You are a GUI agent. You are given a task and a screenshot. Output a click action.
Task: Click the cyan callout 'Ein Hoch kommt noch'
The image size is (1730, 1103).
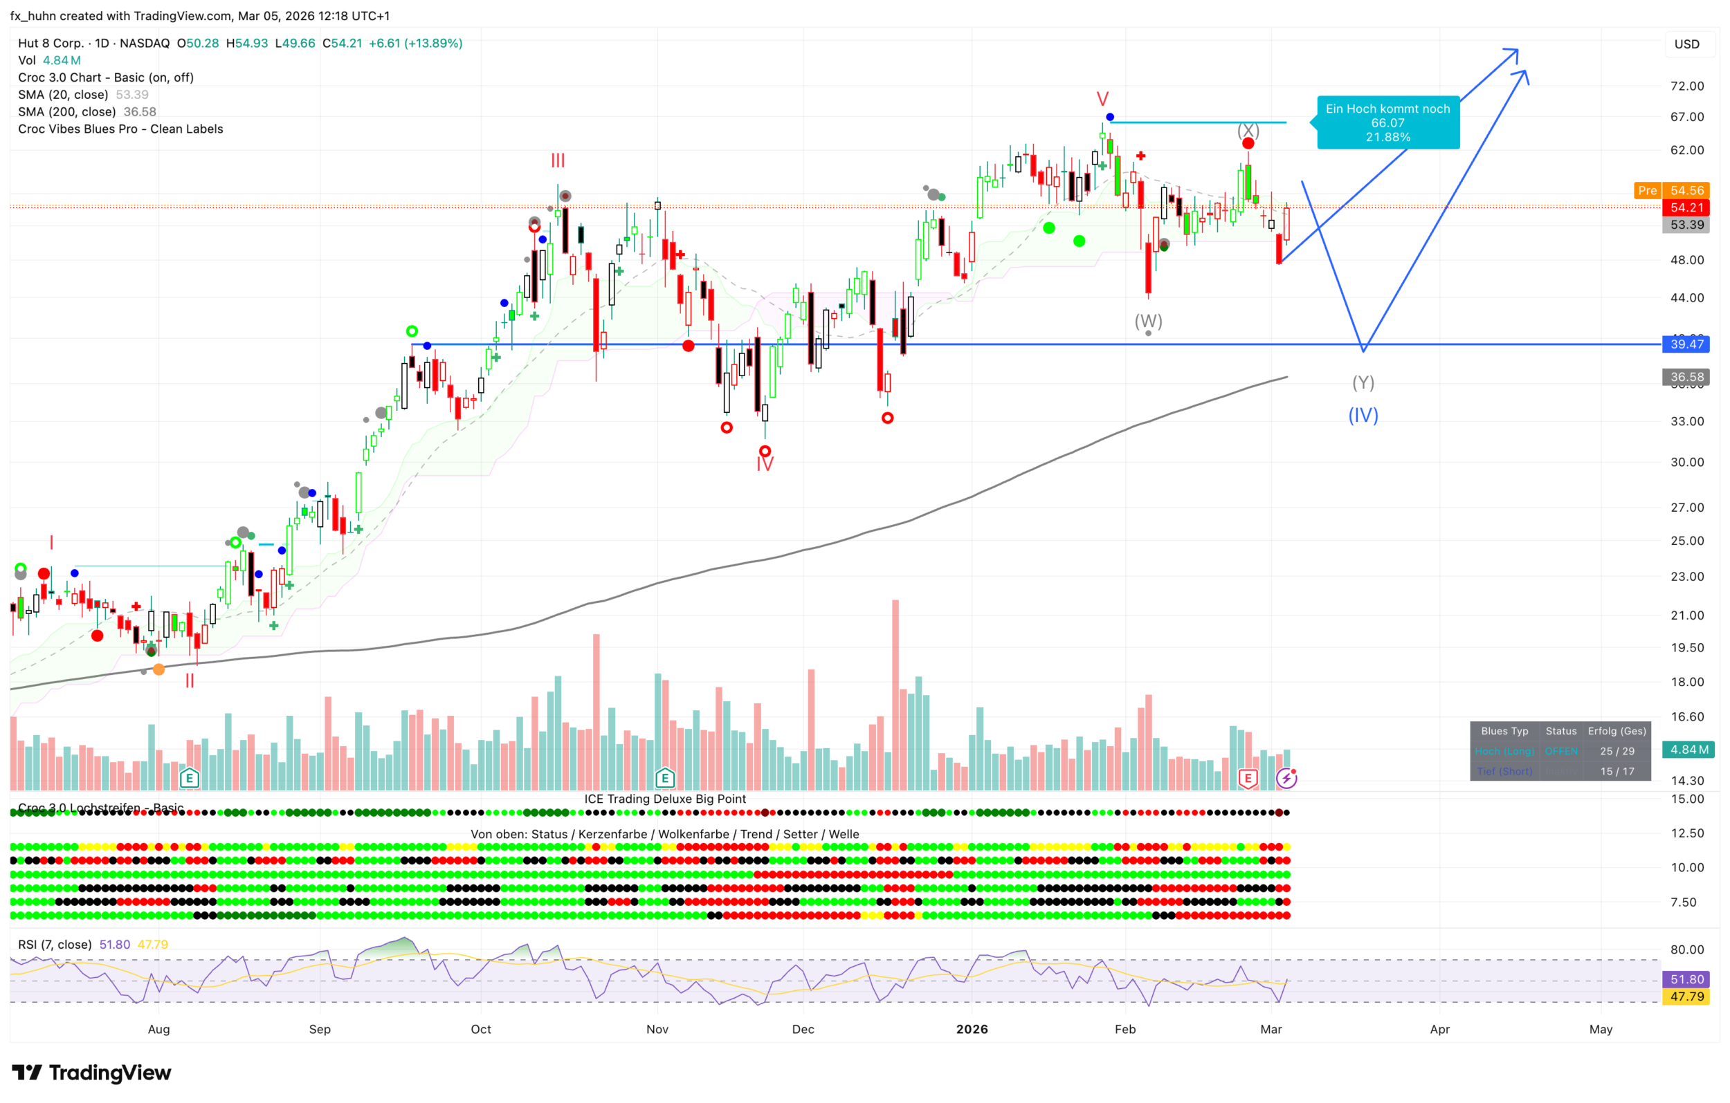tap(1387, 122)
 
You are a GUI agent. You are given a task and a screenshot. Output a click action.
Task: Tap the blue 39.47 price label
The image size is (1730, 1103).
tap(1686, 344)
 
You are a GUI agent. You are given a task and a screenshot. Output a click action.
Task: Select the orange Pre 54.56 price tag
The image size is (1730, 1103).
tap(1671, 190)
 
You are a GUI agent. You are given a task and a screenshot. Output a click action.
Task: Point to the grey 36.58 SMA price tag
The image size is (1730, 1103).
tap(1686, 377)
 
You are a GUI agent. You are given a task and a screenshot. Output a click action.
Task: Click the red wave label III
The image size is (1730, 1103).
tap(558, 161)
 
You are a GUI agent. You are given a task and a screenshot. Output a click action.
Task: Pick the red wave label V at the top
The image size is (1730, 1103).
tap(1102, 99)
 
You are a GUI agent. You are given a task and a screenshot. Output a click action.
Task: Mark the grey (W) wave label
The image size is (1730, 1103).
tap(1148, 320)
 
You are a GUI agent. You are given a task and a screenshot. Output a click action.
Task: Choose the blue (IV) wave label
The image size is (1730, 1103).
tap(1363, 415)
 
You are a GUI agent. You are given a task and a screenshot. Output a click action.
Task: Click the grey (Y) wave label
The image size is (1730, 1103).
tap(1363, 382)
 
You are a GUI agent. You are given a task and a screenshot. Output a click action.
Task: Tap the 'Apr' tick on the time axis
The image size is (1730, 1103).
tap(1440, 1029)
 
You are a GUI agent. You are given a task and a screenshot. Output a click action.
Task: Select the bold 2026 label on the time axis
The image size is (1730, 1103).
tap(972, 1029)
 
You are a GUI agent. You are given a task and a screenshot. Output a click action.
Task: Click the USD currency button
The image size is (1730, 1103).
tap(1687, 44)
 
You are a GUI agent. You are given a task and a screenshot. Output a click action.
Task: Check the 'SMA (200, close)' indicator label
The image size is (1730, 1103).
tap(67, 112)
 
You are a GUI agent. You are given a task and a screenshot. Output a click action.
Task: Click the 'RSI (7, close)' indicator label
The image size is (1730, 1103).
tap(55, 945)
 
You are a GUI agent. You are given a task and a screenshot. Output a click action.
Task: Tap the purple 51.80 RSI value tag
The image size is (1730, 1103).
tap(1686, 979)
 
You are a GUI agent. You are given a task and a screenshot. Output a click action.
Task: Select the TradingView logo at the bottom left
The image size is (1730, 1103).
tap(92, 1073)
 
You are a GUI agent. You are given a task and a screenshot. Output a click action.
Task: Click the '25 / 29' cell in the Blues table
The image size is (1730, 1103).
tap(1617, 751)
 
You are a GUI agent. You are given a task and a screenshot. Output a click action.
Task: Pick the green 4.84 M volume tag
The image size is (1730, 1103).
tap(1688, 750)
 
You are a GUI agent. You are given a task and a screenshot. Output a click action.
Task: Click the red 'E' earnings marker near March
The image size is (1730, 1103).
tap(1248, 778)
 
